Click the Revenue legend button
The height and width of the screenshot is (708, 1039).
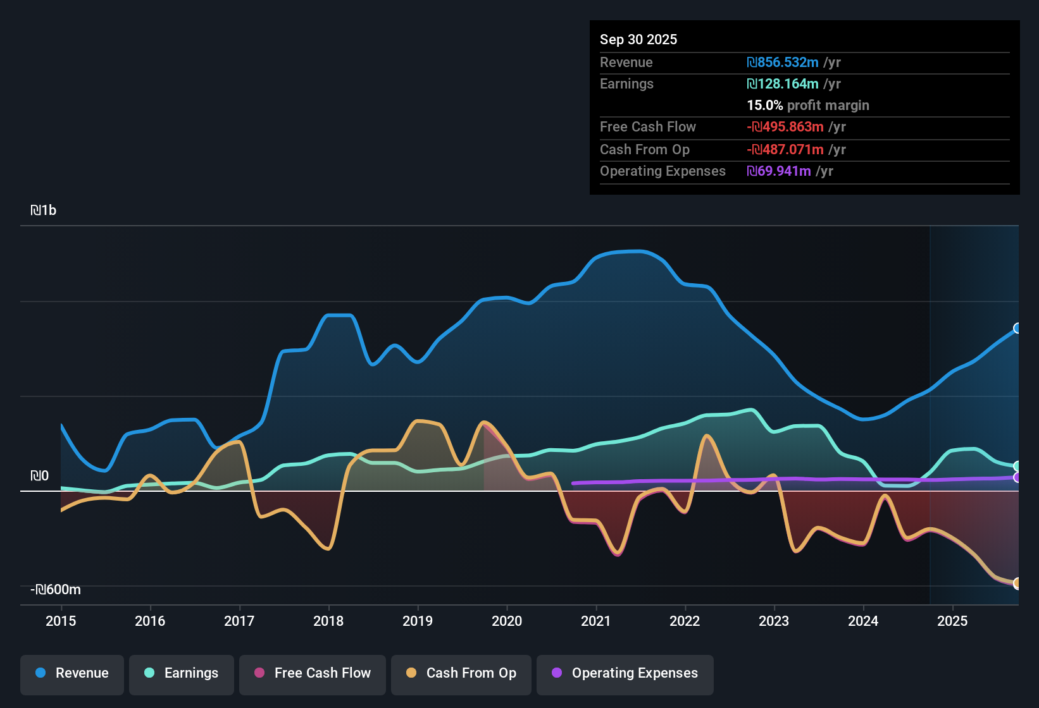(72, 673)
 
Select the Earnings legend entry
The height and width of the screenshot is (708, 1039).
(181, 673)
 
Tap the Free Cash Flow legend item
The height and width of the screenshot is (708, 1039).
(313, 673)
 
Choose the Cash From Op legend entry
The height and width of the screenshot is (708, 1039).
(461, 673)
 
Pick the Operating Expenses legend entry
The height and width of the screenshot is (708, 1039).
(625, 673)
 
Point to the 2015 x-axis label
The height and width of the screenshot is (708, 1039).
(61, 621)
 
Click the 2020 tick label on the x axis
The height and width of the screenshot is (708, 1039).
(507, 621)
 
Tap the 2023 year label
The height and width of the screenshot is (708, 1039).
(774, 621)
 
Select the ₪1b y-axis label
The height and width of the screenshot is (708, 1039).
(43, 211)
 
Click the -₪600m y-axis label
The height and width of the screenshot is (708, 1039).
(56, 590)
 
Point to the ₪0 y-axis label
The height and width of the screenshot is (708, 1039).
(39, 476)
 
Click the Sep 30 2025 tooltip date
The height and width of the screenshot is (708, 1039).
(638, 39)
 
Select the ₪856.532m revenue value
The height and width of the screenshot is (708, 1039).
(783, 62)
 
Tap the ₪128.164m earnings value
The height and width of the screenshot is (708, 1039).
(783, 83)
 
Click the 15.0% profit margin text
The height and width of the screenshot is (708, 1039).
(807, 105)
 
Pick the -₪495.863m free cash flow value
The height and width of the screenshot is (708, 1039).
(785, 126)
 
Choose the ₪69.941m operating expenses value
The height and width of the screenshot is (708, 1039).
(779, 171)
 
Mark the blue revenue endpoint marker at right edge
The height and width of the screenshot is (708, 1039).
(1017, 328)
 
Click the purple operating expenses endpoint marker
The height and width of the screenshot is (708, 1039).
(1017, 477)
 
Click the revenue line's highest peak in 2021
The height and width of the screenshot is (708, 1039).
(636, 251)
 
